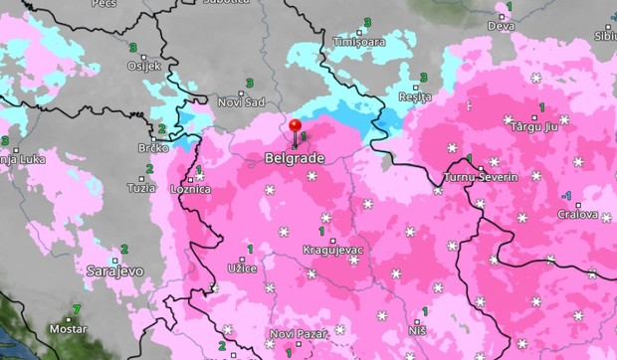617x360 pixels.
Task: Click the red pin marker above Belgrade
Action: (x=296, y=126)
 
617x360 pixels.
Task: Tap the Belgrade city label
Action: (x=296, y=158)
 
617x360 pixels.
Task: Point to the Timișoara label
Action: (x=359, y=42)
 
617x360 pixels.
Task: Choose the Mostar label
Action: (x=68, y=327)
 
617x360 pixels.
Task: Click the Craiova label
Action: (x=577, y=214)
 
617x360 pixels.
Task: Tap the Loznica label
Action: (x=191, y=187)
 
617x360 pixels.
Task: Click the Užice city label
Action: (x=242, y=268)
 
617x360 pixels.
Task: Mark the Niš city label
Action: (x=417, y=328)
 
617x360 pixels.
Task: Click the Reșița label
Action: (x=414, y=96)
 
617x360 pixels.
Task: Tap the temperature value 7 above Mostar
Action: (x=77, y=309)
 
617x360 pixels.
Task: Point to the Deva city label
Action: (x=501, y=26)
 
